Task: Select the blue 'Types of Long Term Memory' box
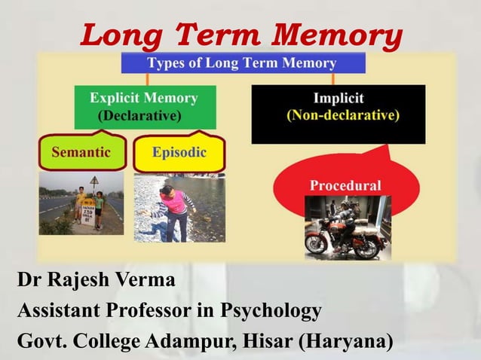pos(241,63)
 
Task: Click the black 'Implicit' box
pos(338,113)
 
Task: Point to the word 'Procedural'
pos(345,185)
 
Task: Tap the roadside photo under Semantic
pos(81,204)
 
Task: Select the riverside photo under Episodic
pos(179,207)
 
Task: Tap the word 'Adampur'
pos(191,340)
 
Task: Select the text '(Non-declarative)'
pos(343,116)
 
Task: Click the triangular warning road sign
pos(94,181)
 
